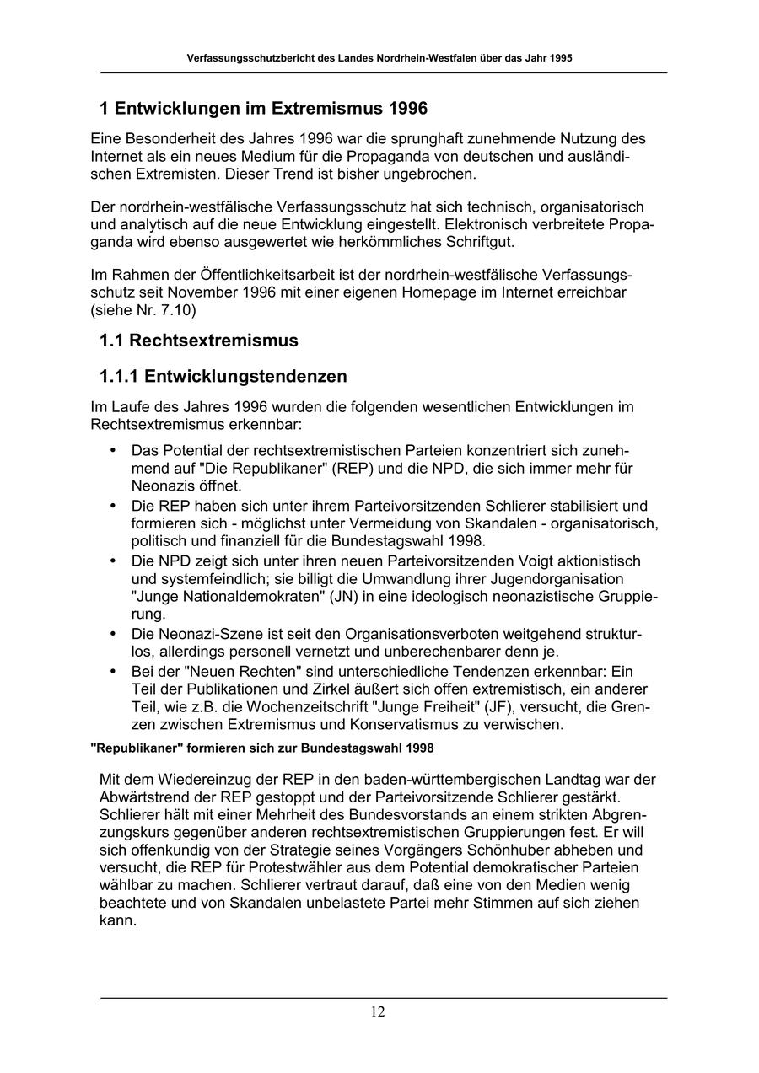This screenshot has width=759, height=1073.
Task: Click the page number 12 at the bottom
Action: pos(377,1012)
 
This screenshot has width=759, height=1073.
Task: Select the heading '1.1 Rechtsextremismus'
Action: pos(199,341)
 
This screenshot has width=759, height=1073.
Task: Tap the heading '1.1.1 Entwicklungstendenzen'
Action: pos(223,375)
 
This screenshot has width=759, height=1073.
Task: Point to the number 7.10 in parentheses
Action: pos(180,309)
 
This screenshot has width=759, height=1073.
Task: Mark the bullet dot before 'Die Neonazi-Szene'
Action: pos(113,634)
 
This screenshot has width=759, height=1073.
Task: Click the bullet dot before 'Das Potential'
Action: pos(113,450)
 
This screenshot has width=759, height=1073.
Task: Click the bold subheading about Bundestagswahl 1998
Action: pos(262,748)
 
